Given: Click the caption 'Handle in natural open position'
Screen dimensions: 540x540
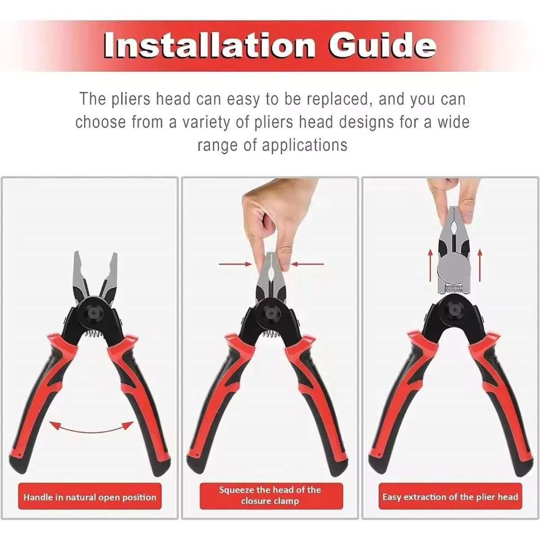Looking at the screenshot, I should (90, 497).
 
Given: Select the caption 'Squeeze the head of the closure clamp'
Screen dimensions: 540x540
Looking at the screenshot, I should (270, 495).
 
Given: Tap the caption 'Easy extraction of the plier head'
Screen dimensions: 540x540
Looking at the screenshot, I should (450, 497).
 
